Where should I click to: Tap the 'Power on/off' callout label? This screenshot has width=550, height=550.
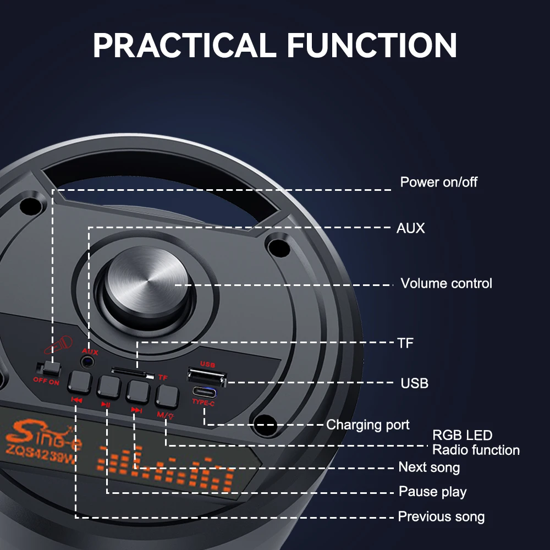[x=438, y=182]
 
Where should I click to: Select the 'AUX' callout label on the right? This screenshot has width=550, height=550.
[x=410, y=228]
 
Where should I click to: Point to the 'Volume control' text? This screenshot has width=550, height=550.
[x=446, y=283]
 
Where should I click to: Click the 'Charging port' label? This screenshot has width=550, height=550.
[x=367, y=425]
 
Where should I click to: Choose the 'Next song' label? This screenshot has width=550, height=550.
[x=429, y=467]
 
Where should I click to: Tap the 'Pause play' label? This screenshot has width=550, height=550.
[x=432, y=492]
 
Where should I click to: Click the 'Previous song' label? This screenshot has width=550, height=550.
[x=441, y=516]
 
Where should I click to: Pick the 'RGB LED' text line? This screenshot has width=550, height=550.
[x=463, y=435]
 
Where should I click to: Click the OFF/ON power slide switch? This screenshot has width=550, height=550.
[x=49, y=369]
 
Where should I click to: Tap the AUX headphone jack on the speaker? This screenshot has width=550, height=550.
[x=87, y=362]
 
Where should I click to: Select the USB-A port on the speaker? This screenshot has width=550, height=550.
[x=207, y=376]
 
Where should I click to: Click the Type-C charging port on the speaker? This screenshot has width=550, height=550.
[x=204, y=392]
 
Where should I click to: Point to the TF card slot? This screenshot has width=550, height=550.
[x=133, y=372]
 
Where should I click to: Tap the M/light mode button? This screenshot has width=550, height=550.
[x=167, y=397]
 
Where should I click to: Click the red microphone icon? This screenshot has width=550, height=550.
[x=59, y=345]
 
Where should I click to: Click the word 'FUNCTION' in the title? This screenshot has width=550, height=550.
[x=372, y=45]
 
